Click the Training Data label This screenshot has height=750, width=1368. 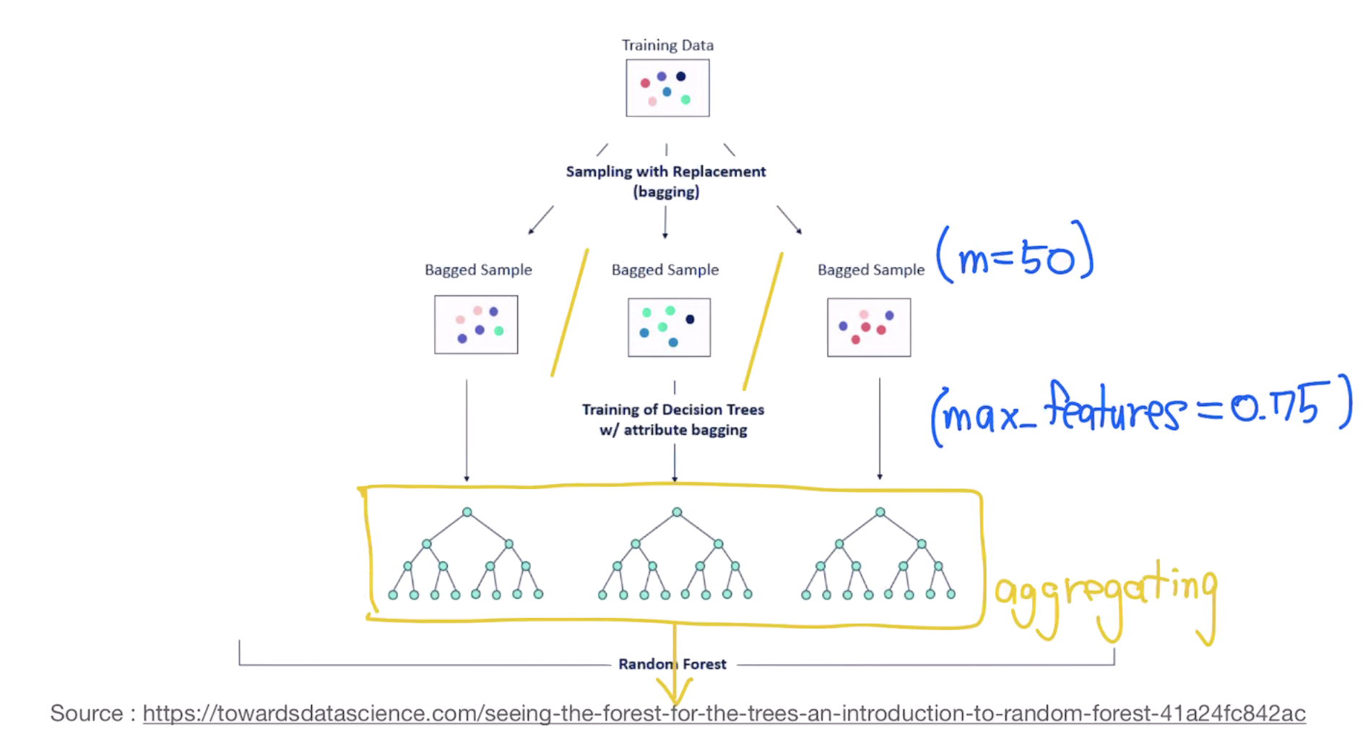pyautogui.click(x=667, y=45)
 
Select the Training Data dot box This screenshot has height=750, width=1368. pyautogui.click(x=667, y=87)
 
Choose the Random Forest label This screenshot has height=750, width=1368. pyautogui.click(x=672, y=664)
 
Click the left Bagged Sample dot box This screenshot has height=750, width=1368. pyautogui.click(x=476, y=324)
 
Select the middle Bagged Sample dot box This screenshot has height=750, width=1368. pyautogui.click(x=669, y=327)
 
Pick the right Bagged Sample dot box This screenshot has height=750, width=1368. pyautogui.click(x=869, y=327)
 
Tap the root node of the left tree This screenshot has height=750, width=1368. pyautogui.click(x=467, y=512)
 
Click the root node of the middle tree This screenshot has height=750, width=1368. pyautogui.click(x=676, y=512)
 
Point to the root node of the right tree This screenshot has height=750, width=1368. pyautogui.click(x=880, y=512)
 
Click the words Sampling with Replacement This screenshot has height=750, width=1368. pyautogui.click(x=665, y=172)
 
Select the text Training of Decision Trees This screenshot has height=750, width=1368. pyautogui.click(x=672, y=410)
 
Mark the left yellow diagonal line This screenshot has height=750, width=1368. pyautogui.click(x=569, y=313)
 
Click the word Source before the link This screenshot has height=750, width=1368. pyautogui.click(x=87, y=714)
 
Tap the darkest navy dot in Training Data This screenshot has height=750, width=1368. pyautogui.click(x=680, y=77)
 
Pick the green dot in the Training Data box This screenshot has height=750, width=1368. pyautogui.click(x=685, y=100)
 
